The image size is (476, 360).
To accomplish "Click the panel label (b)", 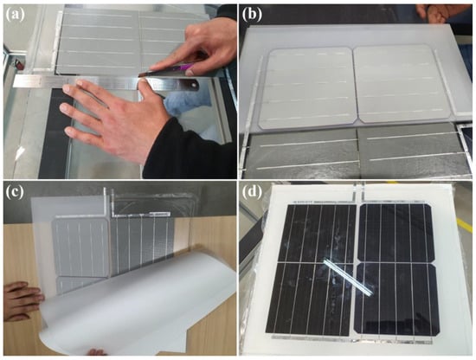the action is pos(253,14).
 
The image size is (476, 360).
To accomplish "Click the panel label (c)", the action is pos(15,193).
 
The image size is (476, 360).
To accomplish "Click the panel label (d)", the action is pos(253,193).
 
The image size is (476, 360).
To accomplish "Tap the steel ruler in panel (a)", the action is pos(106,83).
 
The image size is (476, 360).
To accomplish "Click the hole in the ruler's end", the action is pos(193,86).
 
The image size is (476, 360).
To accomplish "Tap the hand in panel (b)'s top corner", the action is pos(437,13).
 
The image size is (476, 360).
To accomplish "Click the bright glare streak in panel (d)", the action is pos(349,278).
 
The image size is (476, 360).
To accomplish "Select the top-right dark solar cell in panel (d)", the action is pos(396,233).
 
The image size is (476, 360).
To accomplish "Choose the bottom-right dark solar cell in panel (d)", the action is pos(396,299).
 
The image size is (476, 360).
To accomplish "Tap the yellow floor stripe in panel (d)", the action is pos(465,226).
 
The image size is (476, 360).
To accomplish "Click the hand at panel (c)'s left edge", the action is pos(22,301).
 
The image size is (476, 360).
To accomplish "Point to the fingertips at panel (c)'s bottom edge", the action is pos(97,352).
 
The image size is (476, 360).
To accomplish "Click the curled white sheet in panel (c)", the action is pos(137,304).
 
